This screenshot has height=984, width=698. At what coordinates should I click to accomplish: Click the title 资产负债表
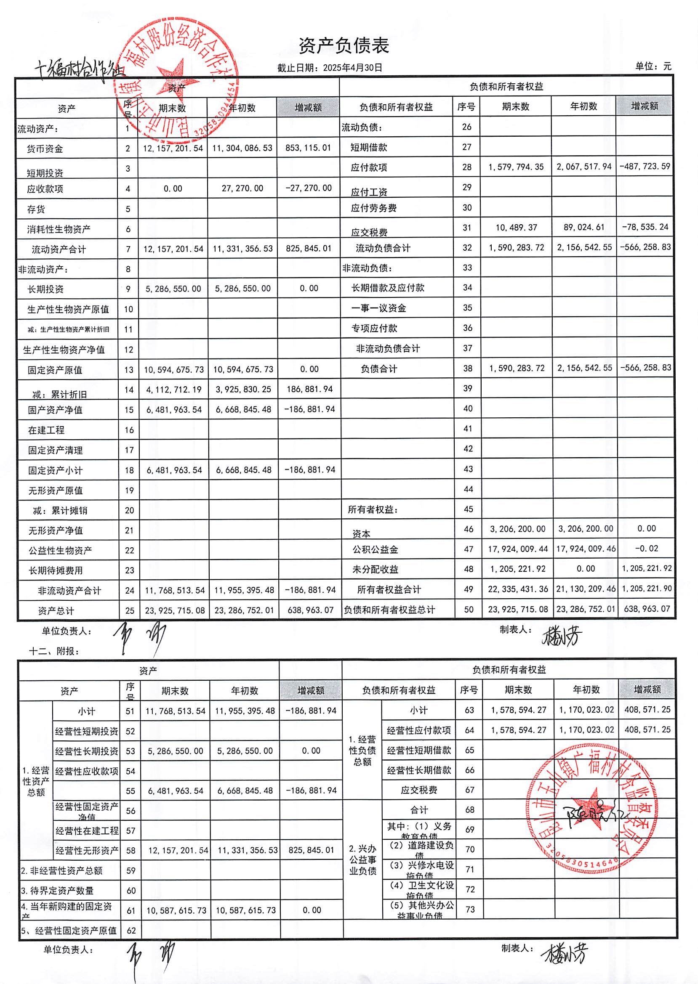tap(344, 45)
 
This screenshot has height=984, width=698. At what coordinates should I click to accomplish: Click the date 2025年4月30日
tap(352, 67)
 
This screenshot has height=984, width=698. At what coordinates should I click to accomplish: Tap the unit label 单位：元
tap(653, 66)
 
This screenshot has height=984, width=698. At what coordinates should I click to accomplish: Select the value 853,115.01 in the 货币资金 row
tap(308, 148)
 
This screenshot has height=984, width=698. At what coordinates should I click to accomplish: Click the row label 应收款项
tap(45, 189)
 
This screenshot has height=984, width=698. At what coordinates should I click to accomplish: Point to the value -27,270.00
tap(308, 188)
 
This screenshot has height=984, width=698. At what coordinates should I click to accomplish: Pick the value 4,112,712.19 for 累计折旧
tap(173, 390)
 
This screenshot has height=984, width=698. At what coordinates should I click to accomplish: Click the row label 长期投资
tap(45, 289)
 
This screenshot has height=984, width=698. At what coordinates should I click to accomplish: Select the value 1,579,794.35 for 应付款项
tap(516, 167)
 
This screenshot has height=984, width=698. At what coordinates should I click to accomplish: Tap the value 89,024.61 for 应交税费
tap(583, 227)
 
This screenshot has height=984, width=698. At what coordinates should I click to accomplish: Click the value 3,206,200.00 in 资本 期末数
tap(517, 529)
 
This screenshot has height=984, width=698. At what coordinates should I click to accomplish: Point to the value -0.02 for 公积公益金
tap(646, 549)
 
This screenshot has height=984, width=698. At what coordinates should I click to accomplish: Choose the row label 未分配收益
tap(375, 570)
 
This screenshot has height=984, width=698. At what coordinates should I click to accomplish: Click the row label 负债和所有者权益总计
tap(389, 610)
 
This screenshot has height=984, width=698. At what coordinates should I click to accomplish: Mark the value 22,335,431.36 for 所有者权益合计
tap(517, 589)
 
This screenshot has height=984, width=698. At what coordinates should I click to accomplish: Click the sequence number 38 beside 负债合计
tap(468, 369)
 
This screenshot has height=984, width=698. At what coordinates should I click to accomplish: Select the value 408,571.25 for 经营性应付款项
tap(647, 730)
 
